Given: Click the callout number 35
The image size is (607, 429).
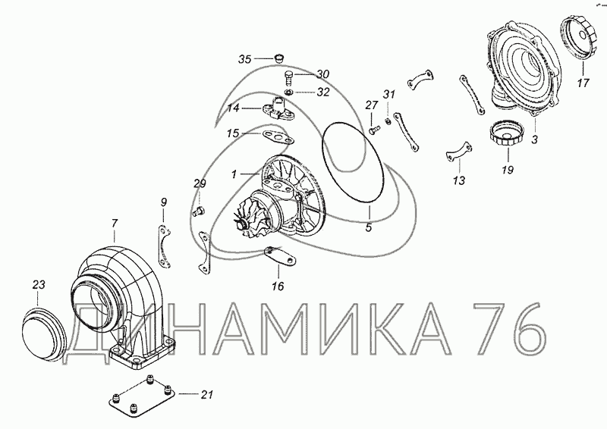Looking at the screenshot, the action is pos(244,59).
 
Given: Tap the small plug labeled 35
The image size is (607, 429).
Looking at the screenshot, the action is pos(278,58).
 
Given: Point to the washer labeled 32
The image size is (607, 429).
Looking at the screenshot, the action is pos(288,92).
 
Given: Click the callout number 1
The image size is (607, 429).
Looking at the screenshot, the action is pos(234,175).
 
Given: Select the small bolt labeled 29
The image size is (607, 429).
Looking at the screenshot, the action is pos(199,211).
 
